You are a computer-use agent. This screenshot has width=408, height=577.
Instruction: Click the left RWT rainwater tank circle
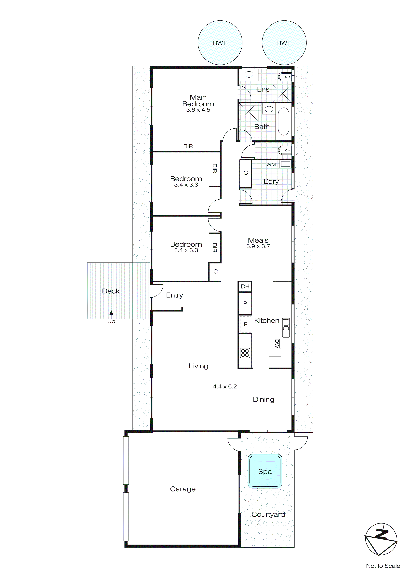pos(220,43)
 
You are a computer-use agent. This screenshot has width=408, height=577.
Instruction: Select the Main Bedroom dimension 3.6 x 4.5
pos(198,110)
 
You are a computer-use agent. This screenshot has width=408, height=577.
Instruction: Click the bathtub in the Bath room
pos(284,121)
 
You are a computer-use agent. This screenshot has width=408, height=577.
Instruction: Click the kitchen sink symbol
pos(286,328)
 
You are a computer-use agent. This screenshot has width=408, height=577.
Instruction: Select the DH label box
pos(245,287)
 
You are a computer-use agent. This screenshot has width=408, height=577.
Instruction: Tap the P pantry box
pos(245,303)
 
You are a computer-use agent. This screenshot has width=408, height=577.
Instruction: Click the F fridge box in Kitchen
pos(245,324)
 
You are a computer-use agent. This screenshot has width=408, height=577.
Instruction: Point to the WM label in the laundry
pos(271,165)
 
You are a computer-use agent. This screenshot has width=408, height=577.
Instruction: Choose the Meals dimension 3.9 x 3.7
pos(258,246)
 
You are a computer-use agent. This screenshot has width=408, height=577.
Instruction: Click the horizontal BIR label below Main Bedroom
pos(188,146)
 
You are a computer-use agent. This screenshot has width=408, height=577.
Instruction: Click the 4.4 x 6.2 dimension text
pos(225,386)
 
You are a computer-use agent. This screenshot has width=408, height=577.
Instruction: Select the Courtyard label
pos(268,514)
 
